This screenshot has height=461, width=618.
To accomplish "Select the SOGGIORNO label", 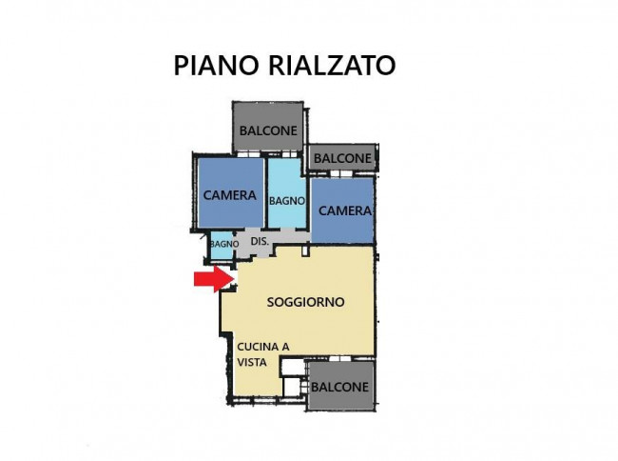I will pos(305,302).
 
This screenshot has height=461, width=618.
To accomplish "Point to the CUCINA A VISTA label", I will pos(264,354).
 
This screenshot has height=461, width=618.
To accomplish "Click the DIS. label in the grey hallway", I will pos(260,242).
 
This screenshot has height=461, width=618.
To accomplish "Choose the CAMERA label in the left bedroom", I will pos(230,195).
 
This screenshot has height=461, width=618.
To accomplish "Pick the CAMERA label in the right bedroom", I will pos(343,210).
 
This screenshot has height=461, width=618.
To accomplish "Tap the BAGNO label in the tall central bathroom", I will pos(286,201).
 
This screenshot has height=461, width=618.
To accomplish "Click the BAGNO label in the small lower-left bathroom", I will pos(224,245).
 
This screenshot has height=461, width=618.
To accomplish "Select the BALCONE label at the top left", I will pos(267,130).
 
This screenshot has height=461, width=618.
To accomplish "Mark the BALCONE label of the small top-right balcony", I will pos(342,158).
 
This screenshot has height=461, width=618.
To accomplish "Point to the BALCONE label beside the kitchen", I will pos(339,388).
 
